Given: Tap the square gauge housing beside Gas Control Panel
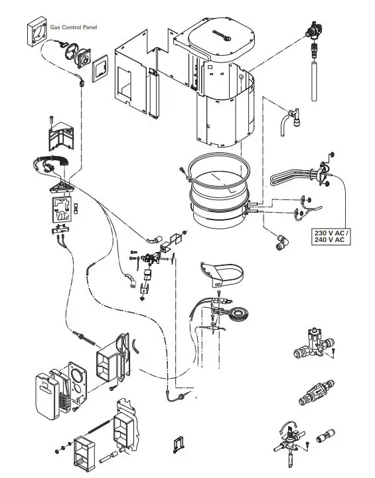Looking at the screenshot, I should coord(38,33).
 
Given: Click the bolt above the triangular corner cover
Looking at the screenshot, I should coord(52,120).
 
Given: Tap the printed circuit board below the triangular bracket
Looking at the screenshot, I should coord(62,211).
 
